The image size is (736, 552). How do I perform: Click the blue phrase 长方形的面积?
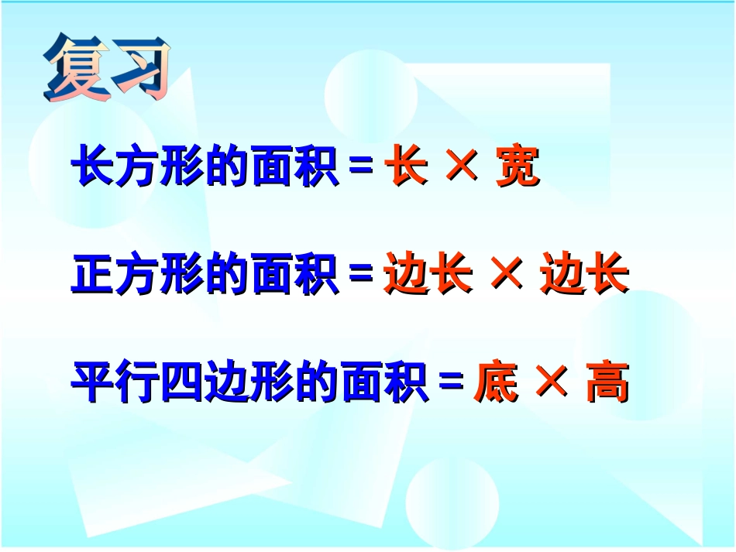pos(205,168)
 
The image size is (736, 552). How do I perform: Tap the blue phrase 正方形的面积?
pos(205,276)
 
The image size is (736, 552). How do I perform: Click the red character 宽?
pos(518,168)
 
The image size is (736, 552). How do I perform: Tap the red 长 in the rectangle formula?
pos(406,168)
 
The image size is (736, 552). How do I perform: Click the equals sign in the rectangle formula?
pos(362,169)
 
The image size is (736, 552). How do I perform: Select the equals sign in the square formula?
pos(362,276)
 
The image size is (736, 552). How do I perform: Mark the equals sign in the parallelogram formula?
pos(451,383)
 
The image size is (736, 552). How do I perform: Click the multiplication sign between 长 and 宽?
pos(463,167)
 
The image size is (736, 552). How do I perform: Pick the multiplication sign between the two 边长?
pos(507,275)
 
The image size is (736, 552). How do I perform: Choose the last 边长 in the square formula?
pos(584,276)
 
